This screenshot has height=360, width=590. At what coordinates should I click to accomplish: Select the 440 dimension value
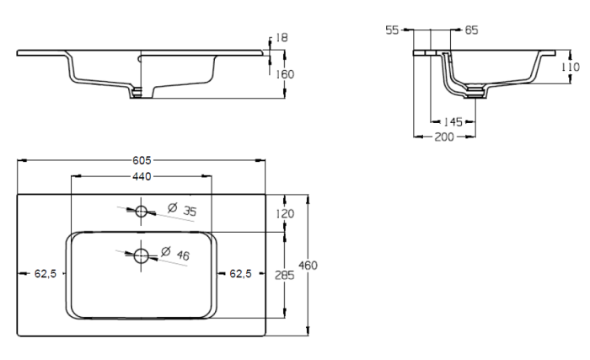[x=141, y=176]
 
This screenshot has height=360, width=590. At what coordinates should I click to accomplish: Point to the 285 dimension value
[x=285, y=274]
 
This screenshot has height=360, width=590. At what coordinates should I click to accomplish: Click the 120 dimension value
[x=285, y=214]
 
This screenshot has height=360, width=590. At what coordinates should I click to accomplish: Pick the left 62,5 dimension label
[x=46, y=273]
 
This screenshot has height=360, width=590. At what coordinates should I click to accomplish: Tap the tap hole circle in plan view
[x=141, y=210]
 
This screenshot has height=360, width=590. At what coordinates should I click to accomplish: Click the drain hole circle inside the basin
[x=141, y=254]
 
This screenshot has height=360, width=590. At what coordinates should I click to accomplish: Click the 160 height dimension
[x=284, y=73]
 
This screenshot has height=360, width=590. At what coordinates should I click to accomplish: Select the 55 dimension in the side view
[x=391, y=30]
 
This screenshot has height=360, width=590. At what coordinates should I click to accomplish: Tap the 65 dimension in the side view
[x=471, y=30]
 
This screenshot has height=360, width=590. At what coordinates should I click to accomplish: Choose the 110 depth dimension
[x=570, y=67]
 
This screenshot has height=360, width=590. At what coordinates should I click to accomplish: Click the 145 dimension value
[x=453, y=122]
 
